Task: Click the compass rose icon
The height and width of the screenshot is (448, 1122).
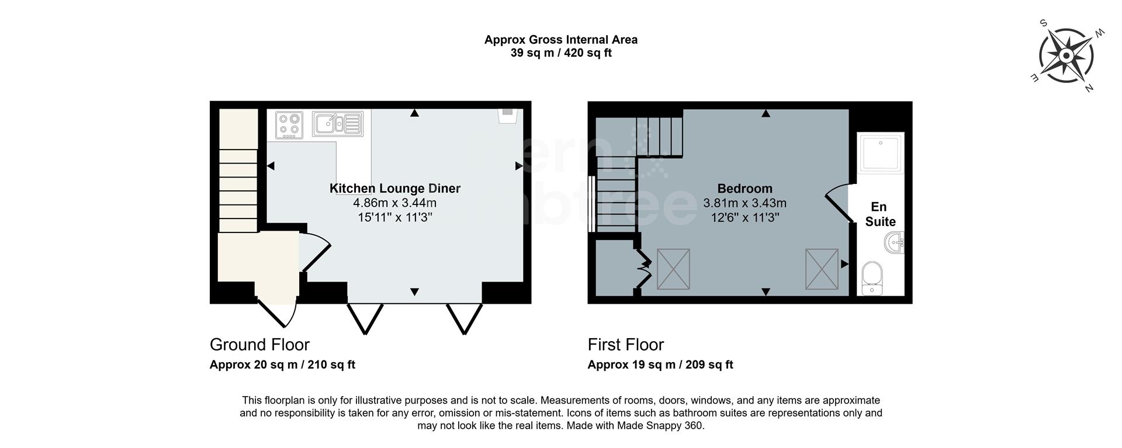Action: click(x=1065, y=56)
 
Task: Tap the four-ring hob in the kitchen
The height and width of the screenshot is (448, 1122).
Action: click(x=289, y=125)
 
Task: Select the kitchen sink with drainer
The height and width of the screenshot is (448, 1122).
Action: click(x=338, y=124)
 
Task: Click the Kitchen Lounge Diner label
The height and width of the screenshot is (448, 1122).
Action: click(x=395, y=189)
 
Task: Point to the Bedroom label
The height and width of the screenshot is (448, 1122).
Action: click(x=744, y=189)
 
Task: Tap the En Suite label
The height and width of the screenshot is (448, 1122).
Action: click(x=880, y=214)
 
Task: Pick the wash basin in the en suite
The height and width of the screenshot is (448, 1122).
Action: click(x=894, y=242)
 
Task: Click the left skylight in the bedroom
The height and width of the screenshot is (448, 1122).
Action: click(x=673, y=269)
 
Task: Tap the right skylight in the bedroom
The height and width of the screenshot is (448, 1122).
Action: click(x=822, y=269)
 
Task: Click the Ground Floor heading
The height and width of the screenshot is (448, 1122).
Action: click(x=259, y=345)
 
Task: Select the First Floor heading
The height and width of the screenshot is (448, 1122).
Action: click(x=626, y=345)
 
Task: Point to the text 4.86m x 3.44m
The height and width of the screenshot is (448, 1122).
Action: click(x=395, y=203)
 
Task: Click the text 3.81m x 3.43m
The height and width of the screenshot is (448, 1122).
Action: click(x=744, y=203)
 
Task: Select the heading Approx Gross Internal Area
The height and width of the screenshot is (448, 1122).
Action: click(x=560, y=40)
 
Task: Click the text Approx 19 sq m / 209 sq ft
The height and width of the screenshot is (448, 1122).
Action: click(x=660, y=365)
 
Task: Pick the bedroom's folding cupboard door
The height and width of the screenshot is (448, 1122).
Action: click(x=644, y=268)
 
